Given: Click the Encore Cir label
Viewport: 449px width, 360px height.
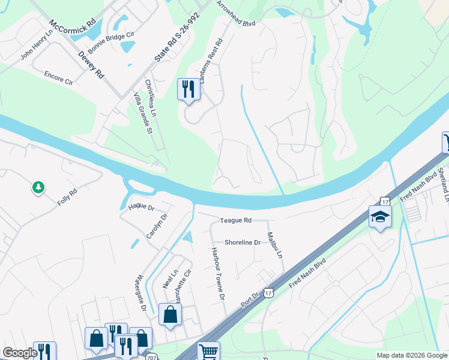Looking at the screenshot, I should [x=58, y=78].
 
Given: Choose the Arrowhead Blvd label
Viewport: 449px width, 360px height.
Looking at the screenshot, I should [x=237, y=15].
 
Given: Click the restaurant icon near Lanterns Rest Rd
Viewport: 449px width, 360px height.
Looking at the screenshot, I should [x=188, y=89].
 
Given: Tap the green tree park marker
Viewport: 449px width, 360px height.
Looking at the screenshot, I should [x=38, y=188].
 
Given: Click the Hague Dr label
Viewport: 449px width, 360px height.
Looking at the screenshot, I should [x=142, y=207].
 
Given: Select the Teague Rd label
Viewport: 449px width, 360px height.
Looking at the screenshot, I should [x=235, y=221].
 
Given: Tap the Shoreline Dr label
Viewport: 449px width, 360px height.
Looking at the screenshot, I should [x=243, y=242].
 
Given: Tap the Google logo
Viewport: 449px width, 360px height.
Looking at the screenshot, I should [x=20, y=353].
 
